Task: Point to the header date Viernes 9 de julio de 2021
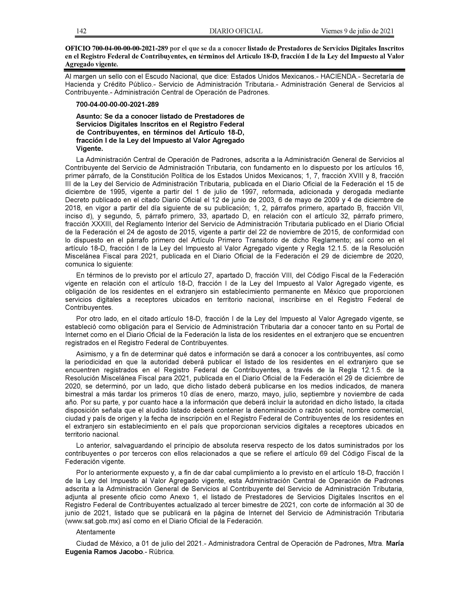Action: click(357, 31)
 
